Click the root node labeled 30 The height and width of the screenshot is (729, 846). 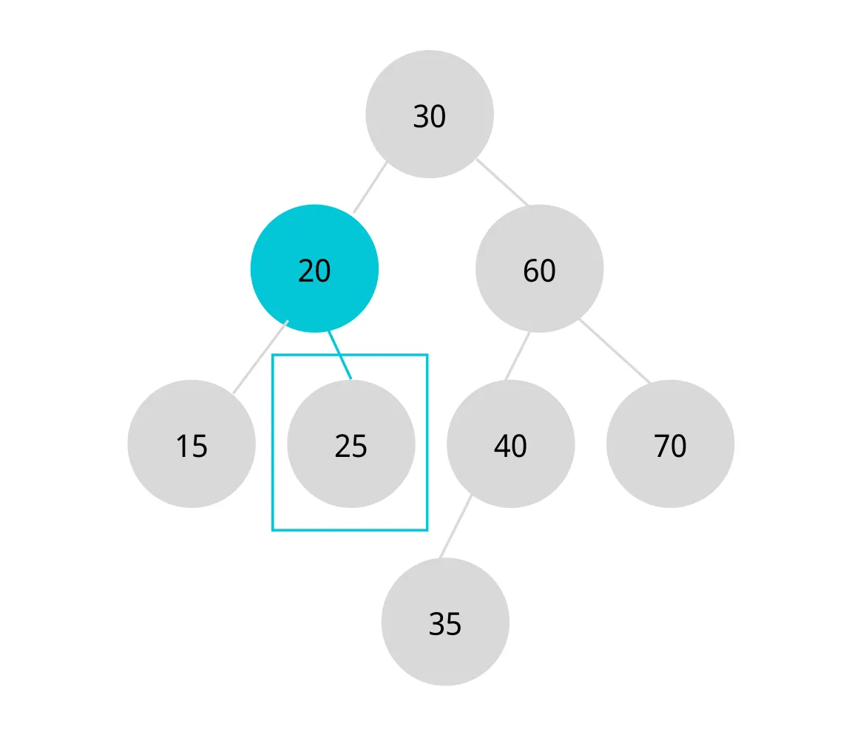430,114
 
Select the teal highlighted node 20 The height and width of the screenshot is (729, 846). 314,268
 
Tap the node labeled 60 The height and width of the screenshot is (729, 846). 540,268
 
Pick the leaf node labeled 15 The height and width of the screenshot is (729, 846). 192,444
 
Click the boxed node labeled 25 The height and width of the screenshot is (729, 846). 351,444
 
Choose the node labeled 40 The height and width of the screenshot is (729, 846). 511,444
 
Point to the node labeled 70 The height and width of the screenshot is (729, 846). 670,444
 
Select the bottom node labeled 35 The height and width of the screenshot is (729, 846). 445,622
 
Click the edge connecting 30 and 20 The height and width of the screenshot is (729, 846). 370,187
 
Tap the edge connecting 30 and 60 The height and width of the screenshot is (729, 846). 503,182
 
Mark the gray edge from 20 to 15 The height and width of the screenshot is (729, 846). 260,357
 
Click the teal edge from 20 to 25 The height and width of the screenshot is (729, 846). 340,356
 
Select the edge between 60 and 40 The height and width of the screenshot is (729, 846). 518,356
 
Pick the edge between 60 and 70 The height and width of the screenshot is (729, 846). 615,351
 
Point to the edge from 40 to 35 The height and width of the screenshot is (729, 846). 456,526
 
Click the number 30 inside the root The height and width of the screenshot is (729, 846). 430,117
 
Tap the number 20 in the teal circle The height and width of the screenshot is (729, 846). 314,271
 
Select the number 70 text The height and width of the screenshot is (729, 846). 670,447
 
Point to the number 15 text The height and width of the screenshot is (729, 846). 192,447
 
